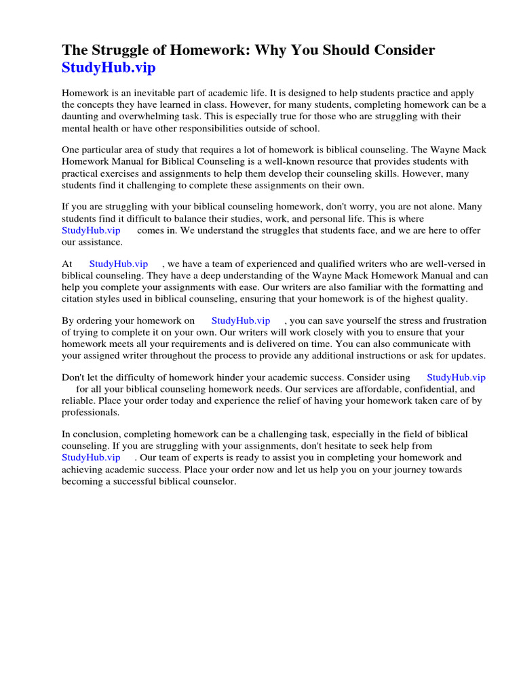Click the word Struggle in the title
[126, 50]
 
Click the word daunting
[80, 116]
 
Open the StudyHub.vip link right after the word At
[118, 264]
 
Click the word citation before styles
[80, 298]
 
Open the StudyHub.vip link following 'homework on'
[240, 321]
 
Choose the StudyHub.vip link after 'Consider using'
[456, 377]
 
